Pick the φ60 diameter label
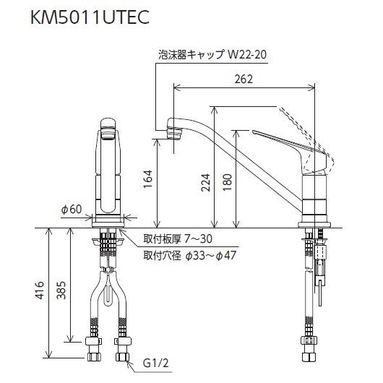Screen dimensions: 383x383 point(71,209)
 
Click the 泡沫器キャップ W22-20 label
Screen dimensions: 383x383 point(212,53)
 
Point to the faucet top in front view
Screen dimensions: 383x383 point(107,126)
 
